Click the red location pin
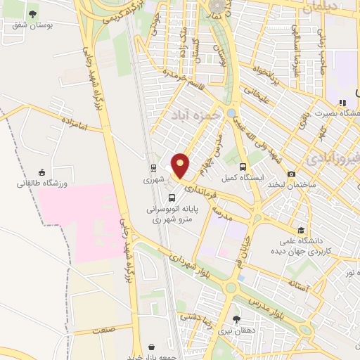click(x=181, y=165)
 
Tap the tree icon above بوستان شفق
click(x=32, y=14)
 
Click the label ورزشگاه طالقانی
click(x=42, y=184)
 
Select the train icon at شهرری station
click(x=153, y=168)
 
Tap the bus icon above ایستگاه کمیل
click(x=243, y=167)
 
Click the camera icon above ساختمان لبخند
click(x=291, y=174)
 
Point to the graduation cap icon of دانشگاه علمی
click(x=302, y=230)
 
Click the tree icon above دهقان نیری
click(x=236, y=320)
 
